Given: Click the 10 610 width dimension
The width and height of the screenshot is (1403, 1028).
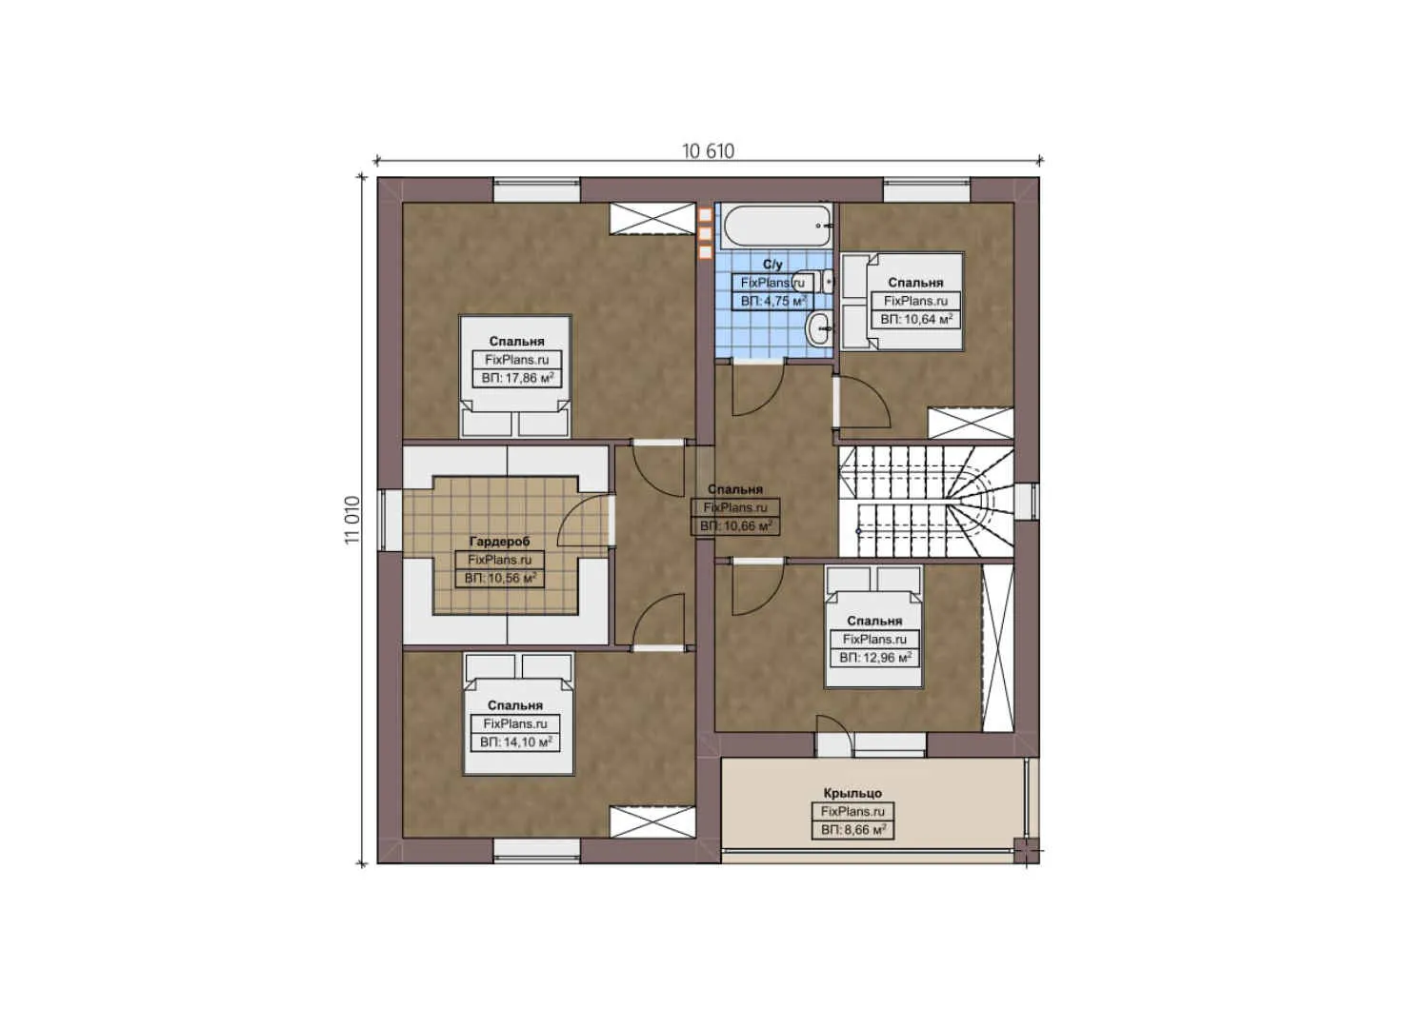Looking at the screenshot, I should point(708,150).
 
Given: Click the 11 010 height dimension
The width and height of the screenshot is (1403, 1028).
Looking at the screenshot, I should point(352,520).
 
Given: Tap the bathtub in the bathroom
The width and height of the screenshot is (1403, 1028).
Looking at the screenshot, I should point(775,226).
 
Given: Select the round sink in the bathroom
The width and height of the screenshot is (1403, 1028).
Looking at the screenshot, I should point(818,330).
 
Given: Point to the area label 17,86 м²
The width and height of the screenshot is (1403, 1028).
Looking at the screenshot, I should point(517,378).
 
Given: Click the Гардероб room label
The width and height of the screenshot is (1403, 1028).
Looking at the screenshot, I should point(499,542).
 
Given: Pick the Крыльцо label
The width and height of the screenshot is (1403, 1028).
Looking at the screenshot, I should point(852,793).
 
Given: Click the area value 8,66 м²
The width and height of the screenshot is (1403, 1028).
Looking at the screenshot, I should point(852,830).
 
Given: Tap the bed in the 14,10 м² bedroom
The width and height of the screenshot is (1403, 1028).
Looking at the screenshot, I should point(518,714).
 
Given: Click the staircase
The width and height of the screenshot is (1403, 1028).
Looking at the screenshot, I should point(924,502).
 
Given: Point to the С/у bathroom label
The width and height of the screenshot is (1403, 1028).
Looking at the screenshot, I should point(772,265).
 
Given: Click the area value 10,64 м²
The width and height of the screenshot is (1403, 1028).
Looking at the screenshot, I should point(915,320).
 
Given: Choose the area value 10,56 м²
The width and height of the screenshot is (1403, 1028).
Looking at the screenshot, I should point(500,579).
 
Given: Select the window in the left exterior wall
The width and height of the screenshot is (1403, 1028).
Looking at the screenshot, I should point(390,520).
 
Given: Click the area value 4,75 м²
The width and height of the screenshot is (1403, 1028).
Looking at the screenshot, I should point(772,302).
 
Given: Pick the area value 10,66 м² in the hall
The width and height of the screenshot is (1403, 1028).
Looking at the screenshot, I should point(735,526).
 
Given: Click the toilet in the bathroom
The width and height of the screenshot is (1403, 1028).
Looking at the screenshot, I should point(827,281).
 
